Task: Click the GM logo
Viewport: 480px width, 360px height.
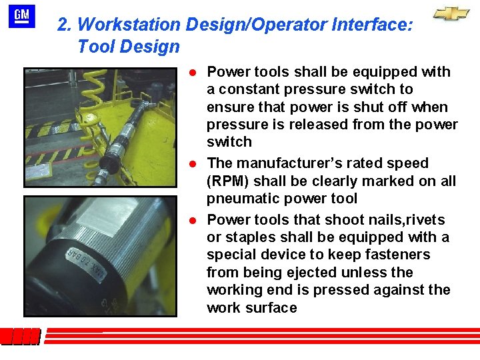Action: pos(22,17)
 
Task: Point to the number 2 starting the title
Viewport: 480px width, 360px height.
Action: pos(63,25)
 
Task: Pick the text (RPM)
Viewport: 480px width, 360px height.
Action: pos(227,181)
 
